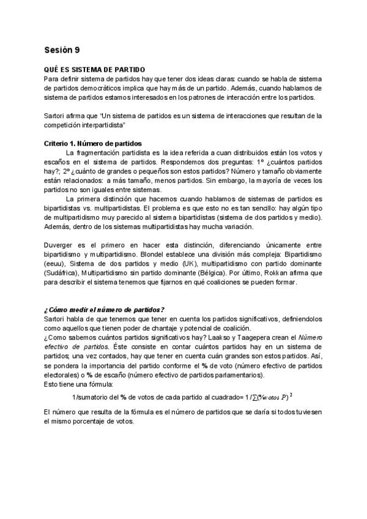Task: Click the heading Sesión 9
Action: (x=62, y=50)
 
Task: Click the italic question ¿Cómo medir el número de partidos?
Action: (x=105, y=309)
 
